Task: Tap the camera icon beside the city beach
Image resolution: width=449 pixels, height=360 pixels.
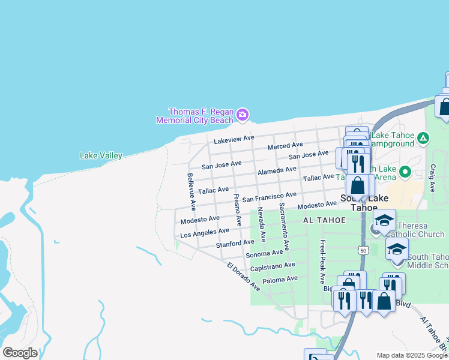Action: pos(243,114)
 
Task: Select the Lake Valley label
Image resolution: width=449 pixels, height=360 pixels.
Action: pos(101,156)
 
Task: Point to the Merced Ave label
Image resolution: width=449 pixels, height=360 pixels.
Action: pos(285,145)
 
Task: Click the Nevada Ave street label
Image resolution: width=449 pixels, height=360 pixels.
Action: pos(261,224)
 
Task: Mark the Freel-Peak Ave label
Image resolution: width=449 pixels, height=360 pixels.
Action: pos(322,261)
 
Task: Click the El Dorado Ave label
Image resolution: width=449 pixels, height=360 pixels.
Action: pos(243,277)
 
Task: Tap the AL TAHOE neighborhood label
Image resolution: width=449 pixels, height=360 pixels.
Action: pos(325,220)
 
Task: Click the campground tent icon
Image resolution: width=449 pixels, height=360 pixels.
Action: pos(423,139)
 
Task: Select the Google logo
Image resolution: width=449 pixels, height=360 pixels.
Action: pos(20,353)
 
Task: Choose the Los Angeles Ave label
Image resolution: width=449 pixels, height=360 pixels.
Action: pos(205,232)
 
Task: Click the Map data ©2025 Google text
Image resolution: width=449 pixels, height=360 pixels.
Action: pos(412,355)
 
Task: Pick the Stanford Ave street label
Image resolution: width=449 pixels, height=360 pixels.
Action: pos(235,244)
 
